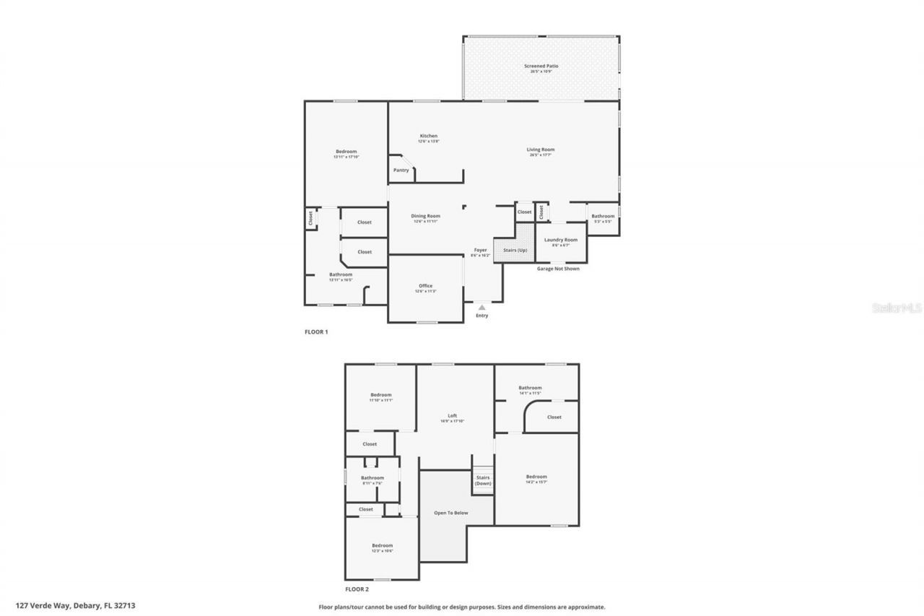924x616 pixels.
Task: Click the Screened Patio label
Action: (x=541, y=66)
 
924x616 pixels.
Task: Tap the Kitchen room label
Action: (x=429, y=136)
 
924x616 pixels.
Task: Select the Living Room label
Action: (x=541, y=150)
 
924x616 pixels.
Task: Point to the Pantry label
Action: (x=401, y=170)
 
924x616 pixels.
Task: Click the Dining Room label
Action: (x=426, y=217)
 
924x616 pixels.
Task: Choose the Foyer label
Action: (x=480, y=251)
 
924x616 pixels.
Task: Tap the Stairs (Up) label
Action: (x=515, y=250)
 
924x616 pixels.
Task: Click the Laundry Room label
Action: (x=561, y=240)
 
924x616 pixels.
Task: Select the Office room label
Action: (x=426, y=287)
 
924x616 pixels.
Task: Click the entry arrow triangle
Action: (x=481, y=308)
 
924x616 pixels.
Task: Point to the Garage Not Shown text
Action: (x=558, y=269)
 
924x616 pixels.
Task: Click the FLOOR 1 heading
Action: (x=316, y=332)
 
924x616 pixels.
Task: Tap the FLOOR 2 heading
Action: (x=357, y=589)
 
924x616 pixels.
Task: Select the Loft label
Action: (x=453, y=416)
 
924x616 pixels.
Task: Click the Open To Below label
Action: (x=451, y=513)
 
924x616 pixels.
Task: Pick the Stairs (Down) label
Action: (x=483, y=480)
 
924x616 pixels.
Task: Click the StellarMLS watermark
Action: (x=897, y=308)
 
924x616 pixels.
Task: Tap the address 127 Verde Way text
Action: (x=75, y=606)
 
